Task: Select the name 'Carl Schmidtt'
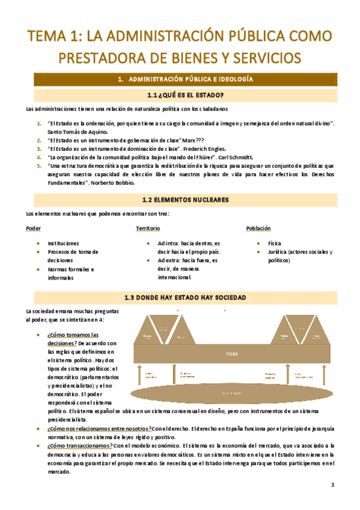click(242, 156)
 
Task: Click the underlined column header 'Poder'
click(34, 229)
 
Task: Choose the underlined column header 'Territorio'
click(148, 229)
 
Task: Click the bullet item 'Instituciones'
click(65, 243)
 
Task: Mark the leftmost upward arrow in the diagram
click(141, 374)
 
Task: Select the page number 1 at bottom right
click(332, 485)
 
